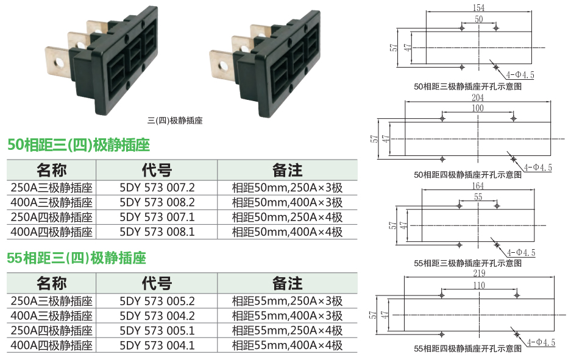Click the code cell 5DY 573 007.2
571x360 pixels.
(157, 188)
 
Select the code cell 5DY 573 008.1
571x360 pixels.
(157, 232)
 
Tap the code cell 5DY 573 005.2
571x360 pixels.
(157, 302)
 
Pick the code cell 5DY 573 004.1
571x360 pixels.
(157, 345)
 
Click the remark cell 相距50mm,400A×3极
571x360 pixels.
(287, 202)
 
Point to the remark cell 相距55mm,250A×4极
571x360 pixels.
(287, 331)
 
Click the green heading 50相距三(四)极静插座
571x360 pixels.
(79, 145)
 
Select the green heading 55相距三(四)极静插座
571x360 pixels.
(76, 258)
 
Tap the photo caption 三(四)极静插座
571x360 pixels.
(175, 121)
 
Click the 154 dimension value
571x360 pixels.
(478, 8)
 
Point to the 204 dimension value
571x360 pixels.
(477, 97)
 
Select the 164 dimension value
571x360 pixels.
(478, 186)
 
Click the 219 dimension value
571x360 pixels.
(479, 274)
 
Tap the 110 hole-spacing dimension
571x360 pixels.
(479, 285)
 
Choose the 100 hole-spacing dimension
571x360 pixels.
(477, 108)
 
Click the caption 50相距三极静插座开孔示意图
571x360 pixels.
(467, 86)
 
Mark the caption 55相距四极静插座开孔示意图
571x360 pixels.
(467, 348)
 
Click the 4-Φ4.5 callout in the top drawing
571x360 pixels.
(520, 75)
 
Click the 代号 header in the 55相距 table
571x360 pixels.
(157, 284)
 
